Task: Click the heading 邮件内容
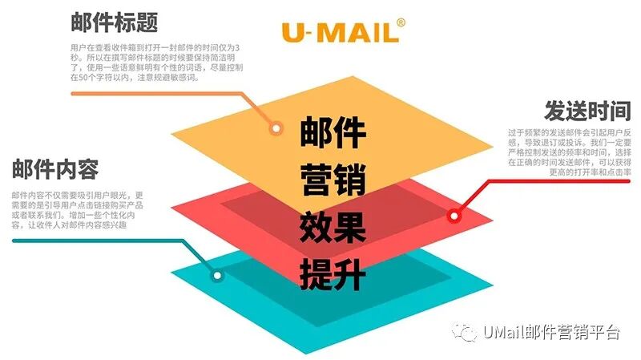pos(55,170)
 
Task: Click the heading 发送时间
pos(588,110)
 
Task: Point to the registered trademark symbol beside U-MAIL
pos(401,22)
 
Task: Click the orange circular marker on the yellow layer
pos(276,127)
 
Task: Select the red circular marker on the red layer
pos(454,215)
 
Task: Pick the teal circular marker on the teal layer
pos(217,275)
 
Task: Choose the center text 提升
pos(333,275)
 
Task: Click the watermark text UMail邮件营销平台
pos(552,334)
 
